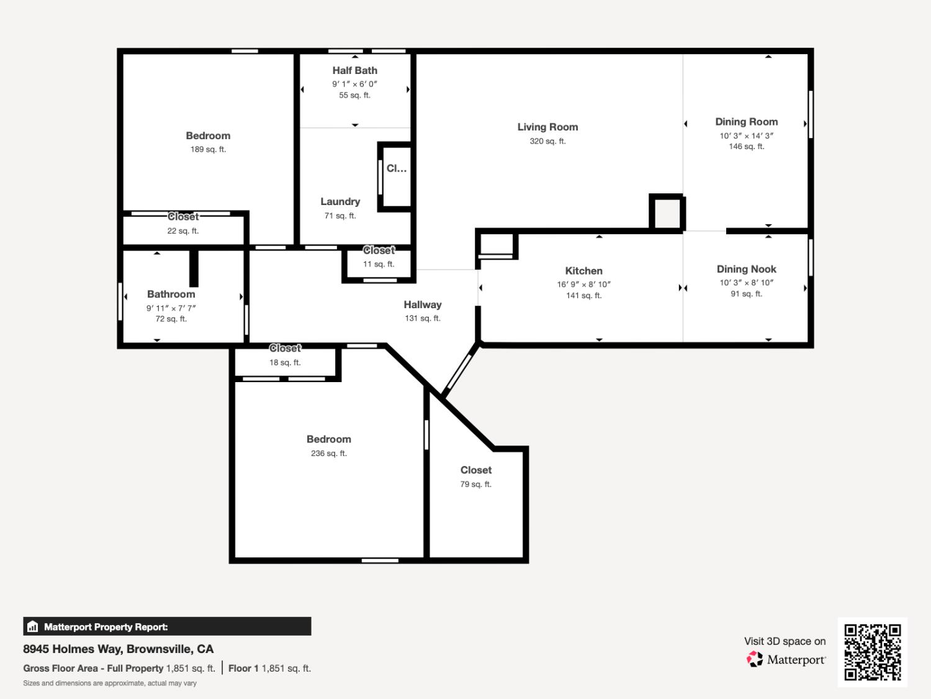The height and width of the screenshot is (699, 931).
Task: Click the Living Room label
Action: [547, 127]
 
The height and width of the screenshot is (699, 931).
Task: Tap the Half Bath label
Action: [354, 71]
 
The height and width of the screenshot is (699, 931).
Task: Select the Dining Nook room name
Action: [746, 269]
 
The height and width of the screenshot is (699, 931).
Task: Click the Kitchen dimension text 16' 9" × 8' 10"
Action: [583, 285]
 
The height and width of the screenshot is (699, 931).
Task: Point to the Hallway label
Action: [422, 304]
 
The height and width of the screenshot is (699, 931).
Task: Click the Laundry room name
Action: [340, 201]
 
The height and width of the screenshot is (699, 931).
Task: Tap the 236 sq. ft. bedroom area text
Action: [329, 454]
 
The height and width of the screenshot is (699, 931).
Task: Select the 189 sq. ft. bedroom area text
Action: [208, 150]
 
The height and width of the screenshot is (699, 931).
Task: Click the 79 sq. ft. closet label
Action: [475, 485]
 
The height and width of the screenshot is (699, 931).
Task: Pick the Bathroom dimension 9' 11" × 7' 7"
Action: [171, 308]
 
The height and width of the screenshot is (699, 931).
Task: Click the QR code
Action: [872, 652]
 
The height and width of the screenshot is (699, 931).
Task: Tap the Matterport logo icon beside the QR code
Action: [755, 659]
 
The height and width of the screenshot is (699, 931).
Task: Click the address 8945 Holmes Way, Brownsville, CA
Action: [119, 649]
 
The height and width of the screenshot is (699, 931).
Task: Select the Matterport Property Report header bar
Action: [167, 626]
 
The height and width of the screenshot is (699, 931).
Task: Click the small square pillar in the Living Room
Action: [667, 213]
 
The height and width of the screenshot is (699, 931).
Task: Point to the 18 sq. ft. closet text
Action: [285, 363]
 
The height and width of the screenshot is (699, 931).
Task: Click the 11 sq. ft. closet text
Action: [379, 265]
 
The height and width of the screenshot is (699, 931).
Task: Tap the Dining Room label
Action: [746, 122]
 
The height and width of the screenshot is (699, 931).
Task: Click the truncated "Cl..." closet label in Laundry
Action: [397, 168]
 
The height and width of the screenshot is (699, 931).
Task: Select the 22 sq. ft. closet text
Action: [182, 231]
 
